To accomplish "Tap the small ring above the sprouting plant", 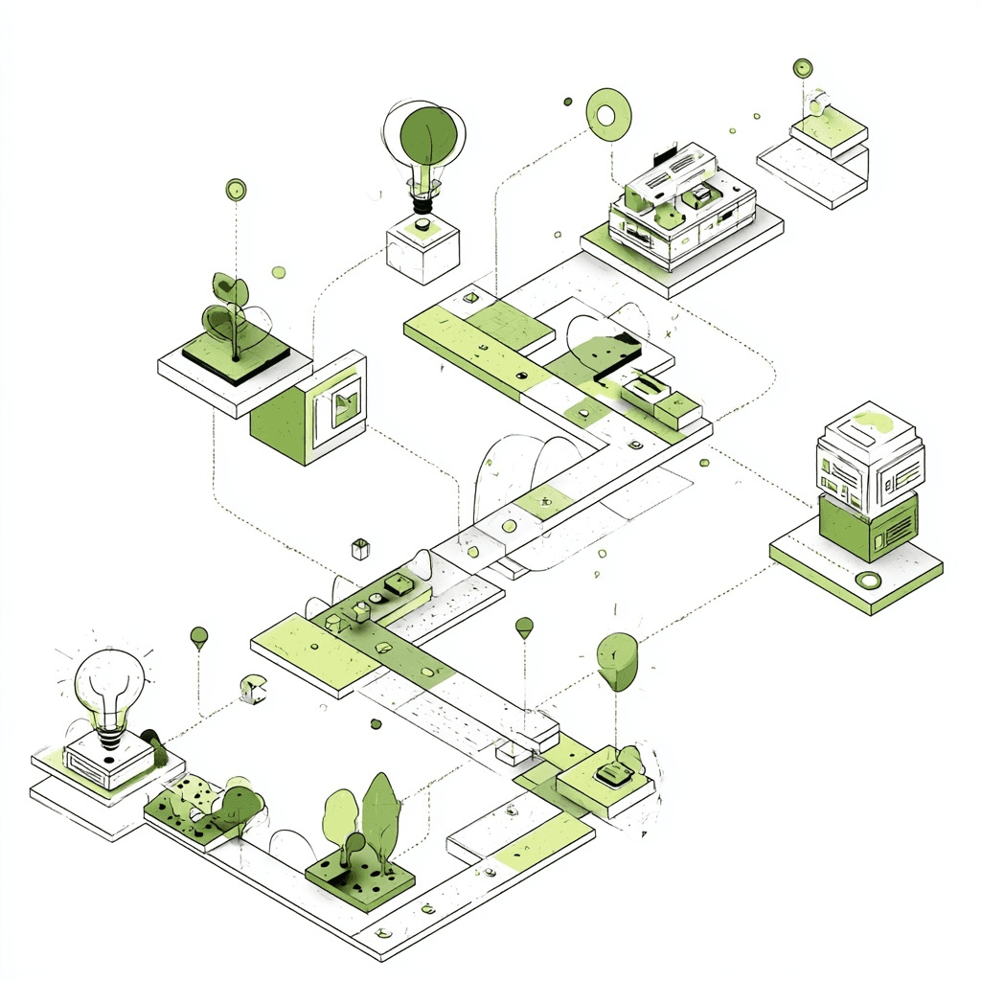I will (x=236, y=190).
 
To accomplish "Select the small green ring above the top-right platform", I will (x=803, y=68).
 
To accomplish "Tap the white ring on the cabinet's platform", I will (x=869, y=580).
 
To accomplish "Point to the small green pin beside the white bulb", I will (x=199, y=636).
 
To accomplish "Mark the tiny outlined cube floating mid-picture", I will (x=360, y=549).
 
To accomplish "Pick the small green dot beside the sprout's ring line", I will (x=278, y=272).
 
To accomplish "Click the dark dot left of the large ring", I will (x=568, y=101).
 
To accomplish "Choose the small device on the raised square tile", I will (x=608, y=774).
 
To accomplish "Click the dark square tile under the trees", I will (x=360, y=877).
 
